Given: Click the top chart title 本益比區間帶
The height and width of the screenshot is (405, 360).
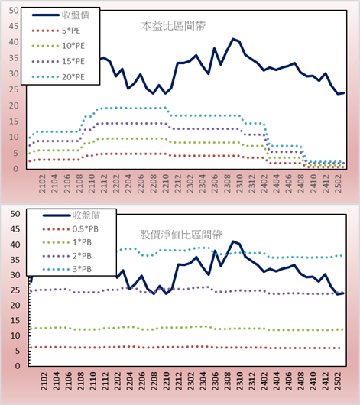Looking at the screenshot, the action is tap(174, 26).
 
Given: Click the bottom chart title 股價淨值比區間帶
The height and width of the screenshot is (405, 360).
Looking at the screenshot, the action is tap(180, 235).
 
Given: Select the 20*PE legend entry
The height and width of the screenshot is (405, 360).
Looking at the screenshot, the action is tap(58, 77).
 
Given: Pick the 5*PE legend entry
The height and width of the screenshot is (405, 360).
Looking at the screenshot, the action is tap(56, 31).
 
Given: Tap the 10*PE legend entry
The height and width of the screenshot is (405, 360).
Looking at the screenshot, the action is tap(58, 46).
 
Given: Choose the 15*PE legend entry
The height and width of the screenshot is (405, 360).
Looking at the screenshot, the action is tap(58, 61).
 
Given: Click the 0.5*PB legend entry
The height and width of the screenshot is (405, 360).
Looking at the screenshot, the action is tap(70, 229).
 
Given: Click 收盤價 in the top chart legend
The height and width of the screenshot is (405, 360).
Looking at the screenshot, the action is tap(60, 15).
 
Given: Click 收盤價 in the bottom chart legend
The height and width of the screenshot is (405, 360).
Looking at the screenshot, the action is tap(71, 215).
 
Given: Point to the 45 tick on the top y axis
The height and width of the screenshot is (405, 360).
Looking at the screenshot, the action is tap(14, 26).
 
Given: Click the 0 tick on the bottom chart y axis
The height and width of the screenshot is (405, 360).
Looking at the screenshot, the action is tap(18, 366).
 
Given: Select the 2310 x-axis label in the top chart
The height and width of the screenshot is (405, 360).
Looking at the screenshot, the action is tap(239, 183).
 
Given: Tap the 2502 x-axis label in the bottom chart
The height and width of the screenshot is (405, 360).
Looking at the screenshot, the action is tap(338, 381).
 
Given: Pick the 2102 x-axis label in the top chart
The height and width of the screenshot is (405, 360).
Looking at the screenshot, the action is tap(42, 183).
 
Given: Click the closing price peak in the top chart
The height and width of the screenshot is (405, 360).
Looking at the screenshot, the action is tap(233, 39).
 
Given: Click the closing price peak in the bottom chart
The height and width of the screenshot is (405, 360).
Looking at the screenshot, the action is tap(233, 241).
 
